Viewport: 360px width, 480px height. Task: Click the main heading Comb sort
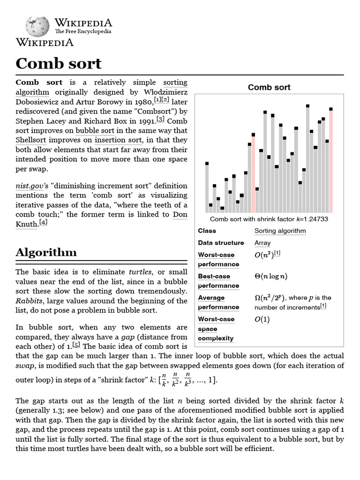(x=59, y=63)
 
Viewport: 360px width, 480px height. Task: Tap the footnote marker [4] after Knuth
(x=43, y=222)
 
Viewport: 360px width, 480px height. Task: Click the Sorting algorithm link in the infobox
(x=280, y=231)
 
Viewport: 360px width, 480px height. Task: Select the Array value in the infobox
(x=262, y=243)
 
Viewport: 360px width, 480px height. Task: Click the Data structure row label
(x=221, y=243)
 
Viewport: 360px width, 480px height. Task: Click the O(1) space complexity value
(x=262, y=319)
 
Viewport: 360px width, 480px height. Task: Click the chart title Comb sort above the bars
(x=269, y=87)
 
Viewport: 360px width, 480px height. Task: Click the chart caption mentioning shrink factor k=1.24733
(x=269, y=219)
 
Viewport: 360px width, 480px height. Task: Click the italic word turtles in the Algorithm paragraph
(x=140, y=272)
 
